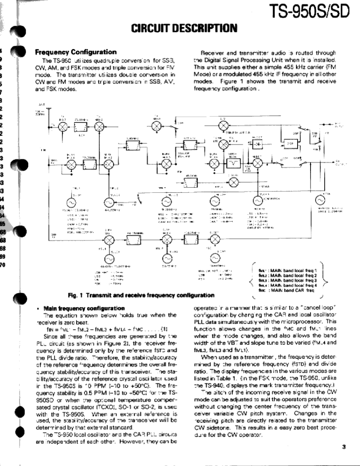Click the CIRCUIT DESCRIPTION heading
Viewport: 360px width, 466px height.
coord(184,29)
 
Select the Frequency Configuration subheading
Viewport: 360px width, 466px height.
coord(75,52)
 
